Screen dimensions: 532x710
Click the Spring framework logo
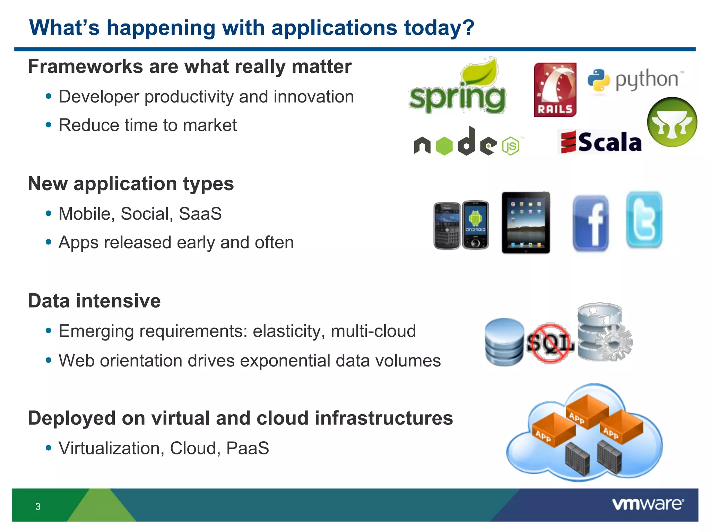tap(457, 88)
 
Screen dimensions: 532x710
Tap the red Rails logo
tap(555, 90)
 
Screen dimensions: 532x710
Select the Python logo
tap(635, 80)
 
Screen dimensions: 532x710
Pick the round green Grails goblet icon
tap(672, 122)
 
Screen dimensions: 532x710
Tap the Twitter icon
tap(644, 220)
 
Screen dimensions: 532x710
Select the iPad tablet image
tap(526, 223)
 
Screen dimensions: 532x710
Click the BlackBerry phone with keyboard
tap(447, 226)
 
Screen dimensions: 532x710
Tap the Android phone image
tap(475, 224)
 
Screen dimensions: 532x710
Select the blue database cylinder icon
tap(504, 342)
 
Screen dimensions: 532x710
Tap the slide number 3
tap(38, 506)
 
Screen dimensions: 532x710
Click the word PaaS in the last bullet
tap(247, 448)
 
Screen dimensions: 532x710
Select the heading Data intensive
tap(94, 301)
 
